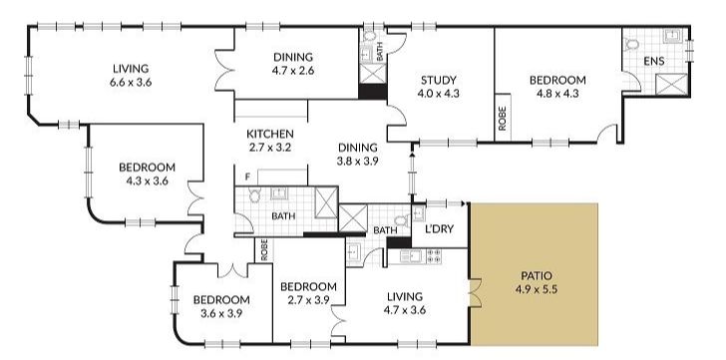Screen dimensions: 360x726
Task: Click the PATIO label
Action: coord(536,276)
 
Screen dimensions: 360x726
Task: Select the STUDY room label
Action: coord(438,81)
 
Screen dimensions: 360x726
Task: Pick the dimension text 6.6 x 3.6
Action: coord(131,82)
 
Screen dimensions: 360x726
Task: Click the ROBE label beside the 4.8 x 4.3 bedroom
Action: coord(502,118)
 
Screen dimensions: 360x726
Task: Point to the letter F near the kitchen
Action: coord(246,177)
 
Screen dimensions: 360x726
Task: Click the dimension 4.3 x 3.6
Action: coord(147,181)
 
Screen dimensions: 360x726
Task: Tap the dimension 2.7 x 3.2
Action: coord(270,149)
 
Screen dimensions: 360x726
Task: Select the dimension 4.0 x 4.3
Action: coord(438,95)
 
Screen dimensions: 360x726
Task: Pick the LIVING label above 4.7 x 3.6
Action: coord(403,296)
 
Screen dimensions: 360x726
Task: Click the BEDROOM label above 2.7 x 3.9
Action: coord(308,286)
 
